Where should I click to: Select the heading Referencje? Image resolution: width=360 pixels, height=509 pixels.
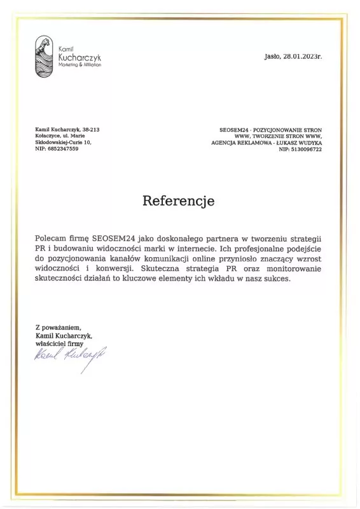179,201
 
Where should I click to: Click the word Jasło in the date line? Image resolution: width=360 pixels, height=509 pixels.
272,56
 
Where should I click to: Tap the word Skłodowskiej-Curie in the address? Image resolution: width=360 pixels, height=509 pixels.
55,142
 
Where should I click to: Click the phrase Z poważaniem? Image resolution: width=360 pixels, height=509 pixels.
59,327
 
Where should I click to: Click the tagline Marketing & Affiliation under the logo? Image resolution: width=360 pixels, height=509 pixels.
80,65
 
